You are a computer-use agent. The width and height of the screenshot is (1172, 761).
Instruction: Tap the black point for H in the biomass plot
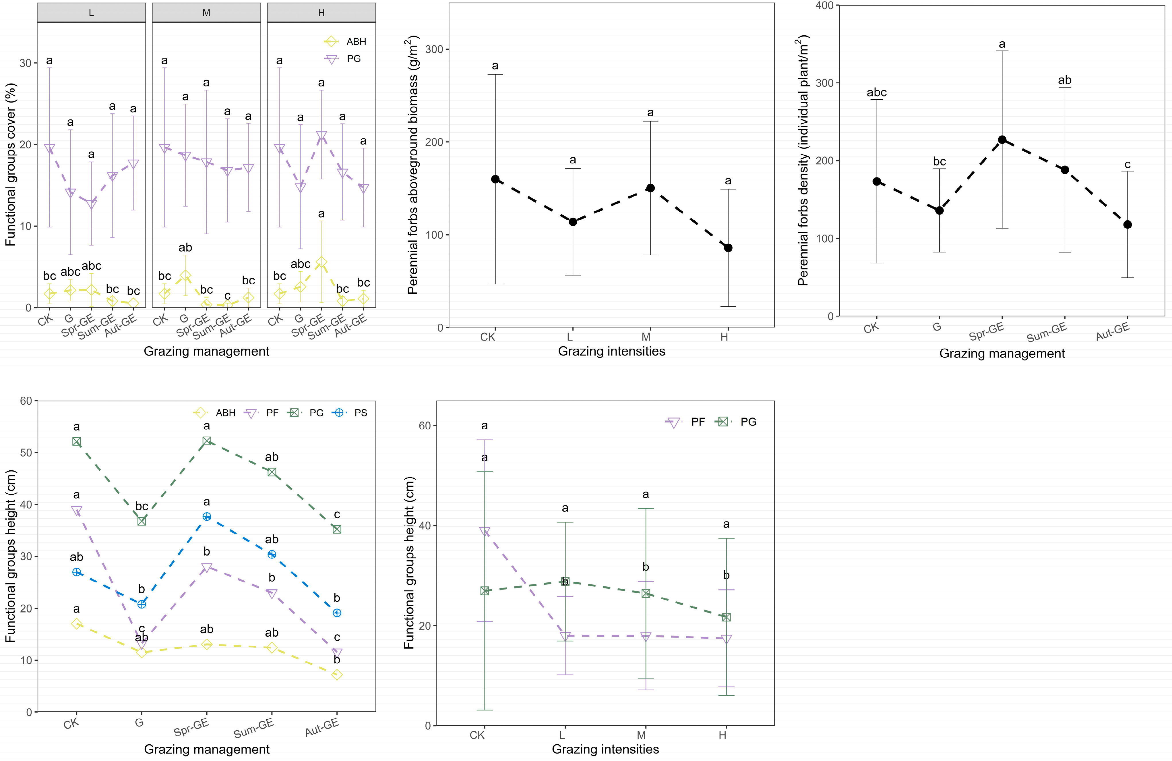point(728,248)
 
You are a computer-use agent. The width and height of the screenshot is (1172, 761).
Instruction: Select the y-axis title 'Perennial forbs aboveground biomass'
point(413,165)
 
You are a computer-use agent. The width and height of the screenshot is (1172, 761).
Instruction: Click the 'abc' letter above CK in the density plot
point(877,92)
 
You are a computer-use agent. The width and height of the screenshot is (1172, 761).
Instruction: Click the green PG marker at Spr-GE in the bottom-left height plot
point(207,441)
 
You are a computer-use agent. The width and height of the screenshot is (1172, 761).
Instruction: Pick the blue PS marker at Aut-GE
point(337,613)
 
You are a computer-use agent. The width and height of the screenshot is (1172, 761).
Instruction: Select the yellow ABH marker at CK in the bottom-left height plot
point(76,623)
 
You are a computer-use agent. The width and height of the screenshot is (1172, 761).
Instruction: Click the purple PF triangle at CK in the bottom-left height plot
point(76,511)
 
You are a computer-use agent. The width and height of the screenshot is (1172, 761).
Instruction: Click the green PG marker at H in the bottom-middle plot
point(726,617)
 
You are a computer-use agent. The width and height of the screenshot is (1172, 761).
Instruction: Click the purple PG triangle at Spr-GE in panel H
point(321,136)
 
